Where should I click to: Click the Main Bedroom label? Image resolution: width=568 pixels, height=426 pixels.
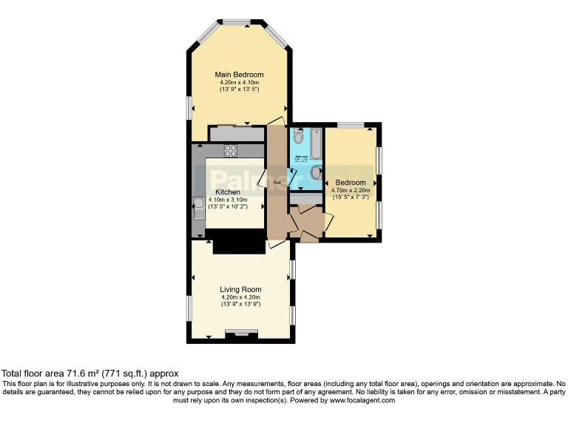239,75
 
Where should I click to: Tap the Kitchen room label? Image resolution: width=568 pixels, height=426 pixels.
228,192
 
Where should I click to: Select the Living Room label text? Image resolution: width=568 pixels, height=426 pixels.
240,289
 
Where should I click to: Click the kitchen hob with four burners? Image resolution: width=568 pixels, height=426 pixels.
230,151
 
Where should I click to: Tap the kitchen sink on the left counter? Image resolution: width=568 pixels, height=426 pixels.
198,209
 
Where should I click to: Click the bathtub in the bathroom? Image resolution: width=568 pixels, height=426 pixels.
316,145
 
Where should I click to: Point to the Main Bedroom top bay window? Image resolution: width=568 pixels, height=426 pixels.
238,22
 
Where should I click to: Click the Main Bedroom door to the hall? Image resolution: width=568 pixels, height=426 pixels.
275,121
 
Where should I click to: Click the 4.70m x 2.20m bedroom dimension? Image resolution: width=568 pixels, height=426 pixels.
351,191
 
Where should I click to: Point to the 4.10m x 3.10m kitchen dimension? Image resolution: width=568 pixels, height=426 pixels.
228,200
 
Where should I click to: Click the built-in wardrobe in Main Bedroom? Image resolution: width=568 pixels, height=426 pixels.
236,134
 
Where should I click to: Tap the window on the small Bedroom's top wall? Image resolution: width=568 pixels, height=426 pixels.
351,125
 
